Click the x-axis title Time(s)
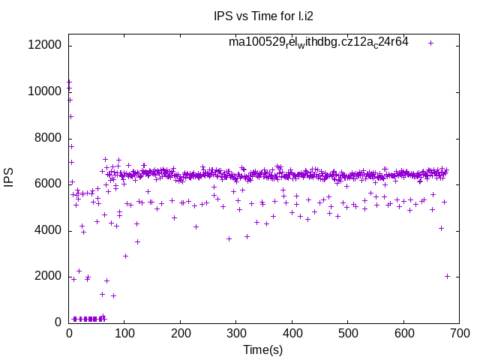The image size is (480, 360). click(x=262, y=349)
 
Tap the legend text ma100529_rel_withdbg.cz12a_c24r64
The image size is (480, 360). click(x=319, y=42)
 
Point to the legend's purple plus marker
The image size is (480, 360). click(x=430, y=43)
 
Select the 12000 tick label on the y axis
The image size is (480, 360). click(x=45, y=46)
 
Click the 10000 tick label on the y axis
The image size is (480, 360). click(x=45, y=91)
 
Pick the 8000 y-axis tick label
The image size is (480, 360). click(x=48, y=138)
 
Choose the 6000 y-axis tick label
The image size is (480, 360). click(x=48, y=184)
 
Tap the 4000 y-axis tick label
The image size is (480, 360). click(x=48, y=230)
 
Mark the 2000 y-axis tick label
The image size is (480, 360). click(x=48, y=276)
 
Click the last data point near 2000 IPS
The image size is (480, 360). click(x=447, y=276)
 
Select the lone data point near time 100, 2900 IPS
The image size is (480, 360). click(x=125, y=256)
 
